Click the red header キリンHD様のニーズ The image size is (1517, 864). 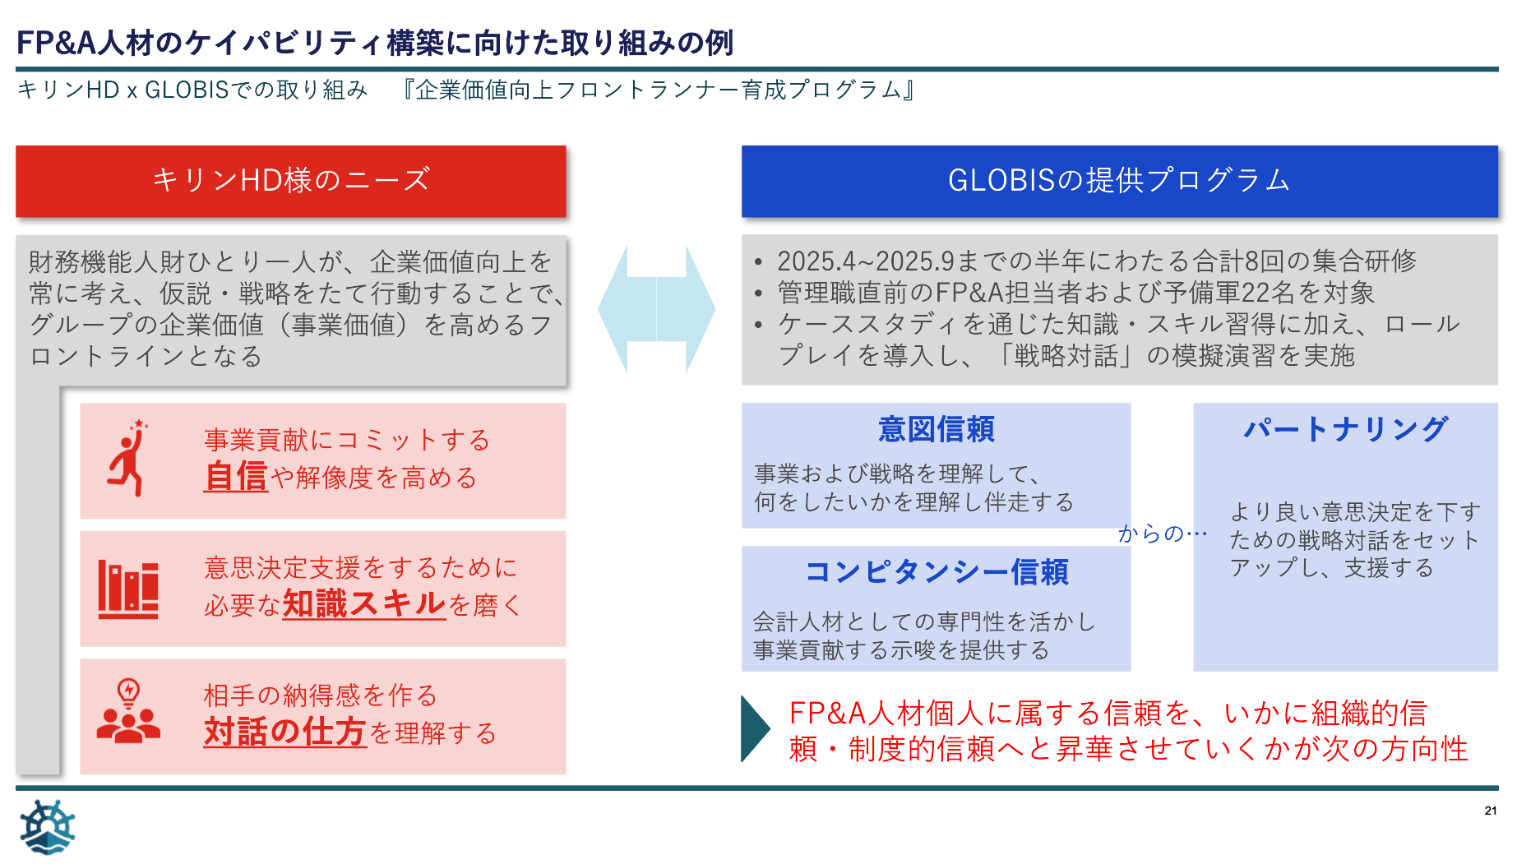click(x=290, y=180)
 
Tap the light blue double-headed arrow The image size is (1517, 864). click(x=656, y=310)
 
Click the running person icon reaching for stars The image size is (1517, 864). click(x=128, y=459)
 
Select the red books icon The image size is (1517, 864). click(x=128, y=589)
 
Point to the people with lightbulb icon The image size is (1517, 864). click(x=128, y=712)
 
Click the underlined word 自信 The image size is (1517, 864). click(x=236, y=477)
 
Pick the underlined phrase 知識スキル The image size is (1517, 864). click(x=363, y=604)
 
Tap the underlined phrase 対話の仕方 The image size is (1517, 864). click(x=284, y=732)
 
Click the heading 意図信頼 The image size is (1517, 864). click(x=936, y=429)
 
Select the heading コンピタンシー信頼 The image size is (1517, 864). click(x=936, y=572)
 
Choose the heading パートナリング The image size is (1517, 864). click(x=1345, y=429)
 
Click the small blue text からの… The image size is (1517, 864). click(x=1162, y=534)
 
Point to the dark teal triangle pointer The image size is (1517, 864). click(x=754, y=729)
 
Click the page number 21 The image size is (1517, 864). click(x=1491, y=811)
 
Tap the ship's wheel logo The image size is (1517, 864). click(x=48, y=827)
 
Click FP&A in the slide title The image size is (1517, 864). click(x=56, y=43)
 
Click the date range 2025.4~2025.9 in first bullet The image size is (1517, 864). click(x=866, y=261)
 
